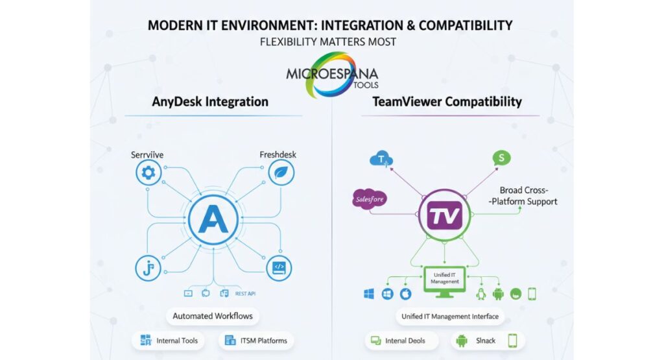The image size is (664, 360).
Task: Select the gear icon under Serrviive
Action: [148, 173]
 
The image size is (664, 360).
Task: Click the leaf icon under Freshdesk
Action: [281, 173]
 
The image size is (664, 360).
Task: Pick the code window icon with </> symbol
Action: [279, 267]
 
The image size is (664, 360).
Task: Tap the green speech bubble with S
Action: [501, 158]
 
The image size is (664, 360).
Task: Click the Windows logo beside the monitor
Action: [369, 294]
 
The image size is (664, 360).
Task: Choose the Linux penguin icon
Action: [481, 294]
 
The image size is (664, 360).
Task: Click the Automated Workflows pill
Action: [212, 317]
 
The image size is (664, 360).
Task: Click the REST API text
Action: [245, 294]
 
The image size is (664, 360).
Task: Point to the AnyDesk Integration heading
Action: [210, 102]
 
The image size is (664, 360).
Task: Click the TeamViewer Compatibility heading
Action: [447, 102]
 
